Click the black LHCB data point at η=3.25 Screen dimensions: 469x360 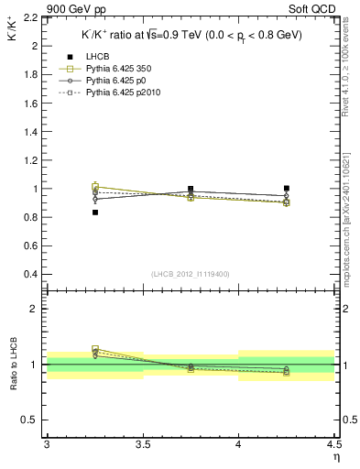(x=95, y=213)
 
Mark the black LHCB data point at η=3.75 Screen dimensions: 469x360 (x=191, y=189)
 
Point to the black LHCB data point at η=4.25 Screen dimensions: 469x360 (x=287, y=188)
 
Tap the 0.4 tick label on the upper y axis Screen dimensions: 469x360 (x=30, y=274)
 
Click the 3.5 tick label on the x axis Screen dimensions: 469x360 (x=143, y=444)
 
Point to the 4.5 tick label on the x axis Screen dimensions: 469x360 (x=333, y=444)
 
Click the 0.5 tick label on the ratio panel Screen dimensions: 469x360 (x=30, y=420)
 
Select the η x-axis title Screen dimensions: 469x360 (x=336, y=457)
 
